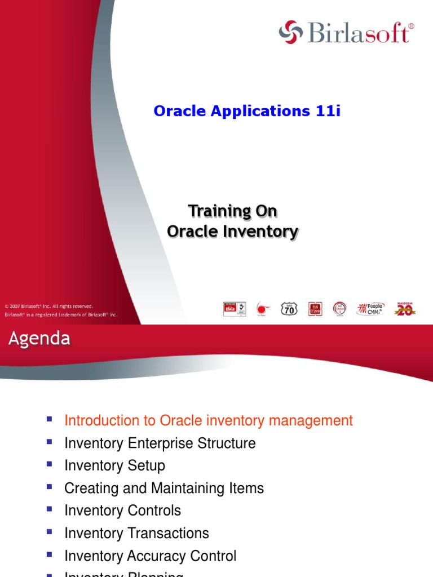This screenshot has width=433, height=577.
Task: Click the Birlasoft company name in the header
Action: coord(359,33)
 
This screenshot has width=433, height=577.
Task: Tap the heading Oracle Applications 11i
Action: coord(247,112)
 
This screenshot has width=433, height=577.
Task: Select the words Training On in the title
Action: coord(232,211)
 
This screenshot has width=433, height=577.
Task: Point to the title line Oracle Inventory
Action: coord(232,231)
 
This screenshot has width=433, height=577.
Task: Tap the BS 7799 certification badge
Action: coord(314,308)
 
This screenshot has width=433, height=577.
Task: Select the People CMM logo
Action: coord(370,308)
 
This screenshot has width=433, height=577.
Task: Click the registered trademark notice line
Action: coord(61,315)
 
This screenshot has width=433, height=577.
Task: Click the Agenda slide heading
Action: coord(39,339)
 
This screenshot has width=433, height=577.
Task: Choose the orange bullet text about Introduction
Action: coord(209,420)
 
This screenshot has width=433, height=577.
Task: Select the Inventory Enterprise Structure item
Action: coord(160,443)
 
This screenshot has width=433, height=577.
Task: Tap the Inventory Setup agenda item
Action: coord(115,465)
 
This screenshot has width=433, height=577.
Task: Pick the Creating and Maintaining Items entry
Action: coord(164,488)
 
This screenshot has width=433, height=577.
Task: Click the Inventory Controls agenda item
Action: coord(123,511)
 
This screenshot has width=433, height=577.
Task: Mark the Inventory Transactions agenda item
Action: coord(137,533)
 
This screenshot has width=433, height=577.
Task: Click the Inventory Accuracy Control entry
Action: coord(151,556)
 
